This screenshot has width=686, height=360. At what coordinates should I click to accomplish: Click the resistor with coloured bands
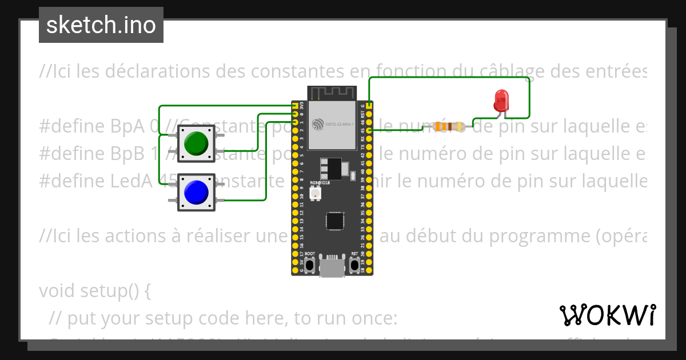pyautogui.click(x=449, y=126)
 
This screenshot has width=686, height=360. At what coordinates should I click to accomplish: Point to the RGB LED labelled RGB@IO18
pyautogui.click(x=314, y=194)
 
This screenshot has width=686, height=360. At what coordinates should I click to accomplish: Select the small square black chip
pyautogui.click(x=335, y=222)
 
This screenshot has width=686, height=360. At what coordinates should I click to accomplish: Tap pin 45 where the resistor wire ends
pyautogui.click(x=370, y=130)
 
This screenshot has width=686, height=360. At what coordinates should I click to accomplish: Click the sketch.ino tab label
pyautogui.click(x=101, y=25)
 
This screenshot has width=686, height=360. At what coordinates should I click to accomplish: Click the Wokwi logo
pyautogui.click(x=607, y=315)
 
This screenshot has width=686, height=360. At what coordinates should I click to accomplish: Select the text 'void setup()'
pyautogui.click(x=94, y=291)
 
